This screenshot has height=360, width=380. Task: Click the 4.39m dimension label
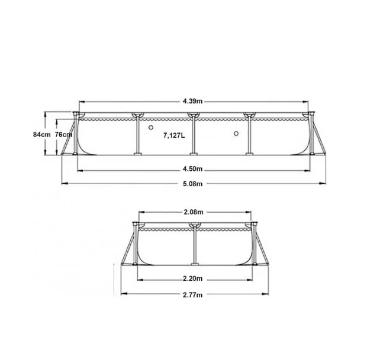coord(192,101)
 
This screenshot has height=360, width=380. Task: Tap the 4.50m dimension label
coord(192,168)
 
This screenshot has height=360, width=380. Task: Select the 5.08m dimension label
coord(192,184)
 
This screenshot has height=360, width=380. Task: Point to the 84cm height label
coord(41,134)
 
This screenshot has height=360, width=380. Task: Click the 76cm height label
coord(63,134)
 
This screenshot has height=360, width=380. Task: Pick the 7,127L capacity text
coord(174,135)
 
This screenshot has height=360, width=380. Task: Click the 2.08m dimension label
coord(194,212)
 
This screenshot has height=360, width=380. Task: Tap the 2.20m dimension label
coord(192,278)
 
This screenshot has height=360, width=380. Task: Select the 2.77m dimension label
coord(192,295)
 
